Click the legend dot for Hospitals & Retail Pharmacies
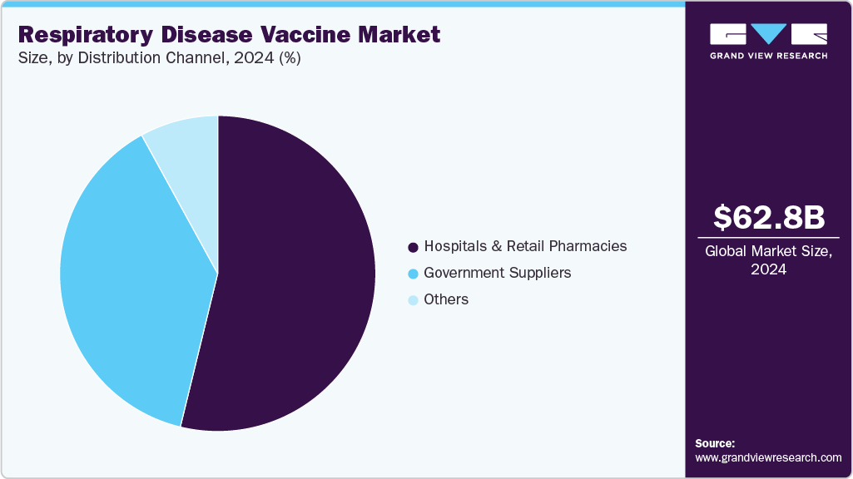coord(413,247)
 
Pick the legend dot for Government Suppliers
coord(413,274)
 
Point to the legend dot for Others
coord(413,300)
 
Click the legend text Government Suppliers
coord(497,273)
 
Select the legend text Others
coord(446,299)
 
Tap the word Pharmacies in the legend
coord(588,246)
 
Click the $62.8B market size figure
coord(769,217)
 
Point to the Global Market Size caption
coord(768,252)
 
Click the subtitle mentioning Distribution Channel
coord(159,58)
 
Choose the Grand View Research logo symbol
coord(768,34)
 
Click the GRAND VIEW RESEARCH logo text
coord(768,56)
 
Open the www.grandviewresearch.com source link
coord(768,457)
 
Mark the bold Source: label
coord(715,443)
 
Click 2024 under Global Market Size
coord(768,269)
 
